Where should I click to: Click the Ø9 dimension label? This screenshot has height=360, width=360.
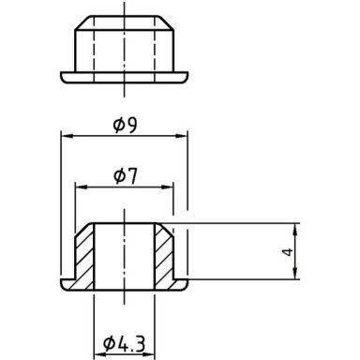pos(125,126)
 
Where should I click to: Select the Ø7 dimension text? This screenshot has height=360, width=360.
pos(126,176)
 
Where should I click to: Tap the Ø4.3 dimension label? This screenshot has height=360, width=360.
pos(124,343)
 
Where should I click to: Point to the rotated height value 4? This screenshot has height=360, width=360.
pos(289,251)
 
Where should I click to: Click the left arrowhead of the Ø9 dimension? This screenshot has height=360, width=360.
pos(67,136)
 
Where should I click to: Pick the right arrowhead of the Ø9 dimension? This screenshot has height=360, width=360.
pos(182,136)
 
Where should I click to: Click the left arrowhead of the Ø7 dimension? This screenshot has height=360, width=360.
pos(81,187)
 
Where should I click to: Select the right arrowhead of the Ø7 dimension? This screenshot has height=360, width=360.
pos(167,187)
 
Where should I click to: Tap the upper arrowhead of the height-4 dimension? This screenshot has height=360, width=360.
pos(295,230)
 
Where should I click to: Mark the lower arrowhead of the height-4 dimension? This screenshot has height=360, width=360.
pos(295,273)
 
